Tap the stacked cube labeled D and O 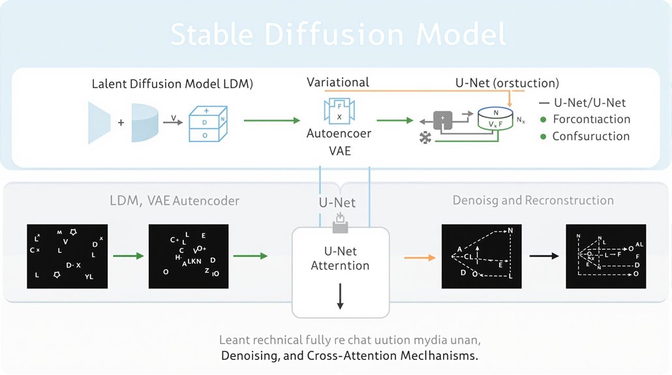pyautogui.click(x=206, y=123)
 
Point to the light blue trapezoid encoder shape pyautogui.click(x=99, y=121)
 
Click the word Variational pyautogui.click(x=338, y=82)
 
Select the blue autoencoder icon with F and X pyautogui.click(x=339, y=112)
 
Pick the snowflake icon pyautogui.click(x=427, y=139)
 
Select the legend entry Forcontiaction pyautogui.click(x=591, y=119)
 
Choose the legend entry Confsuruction pyautogui.click(x=590, y=136)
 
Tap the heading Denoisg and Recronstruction pyautogui.click(x=533, y=200)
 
